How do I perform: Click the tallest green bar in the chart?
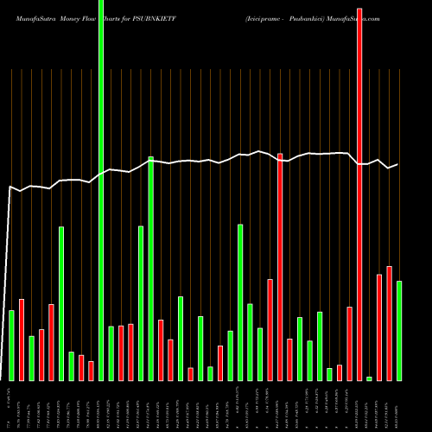[x=101, y=190]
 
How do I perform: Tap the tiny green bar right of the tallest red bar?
[x=369, y=378]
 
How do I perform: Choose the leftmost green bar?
[x=11, y=346]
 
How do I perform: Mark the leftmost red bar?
[x=21, y=340]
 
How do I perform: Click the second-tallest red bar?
[x=280, y=267]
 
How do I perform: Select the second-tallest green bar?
[x=150, y=269]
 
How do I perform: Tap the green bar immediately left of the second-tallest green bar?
[x=141, y=303]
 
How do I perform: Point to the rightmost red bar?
[x=389, y=324]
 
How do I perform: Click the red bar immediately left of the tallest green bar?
[x=91, y=371]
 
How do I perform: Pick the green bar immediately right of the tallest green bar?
[x=111, y=353]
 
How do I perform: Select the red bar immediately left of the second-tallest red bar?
[x=270, y=330]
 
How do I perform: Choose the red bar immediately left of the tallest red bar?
[x=349, y=344]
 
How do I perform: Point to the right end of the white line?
[x=397, y=164]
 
